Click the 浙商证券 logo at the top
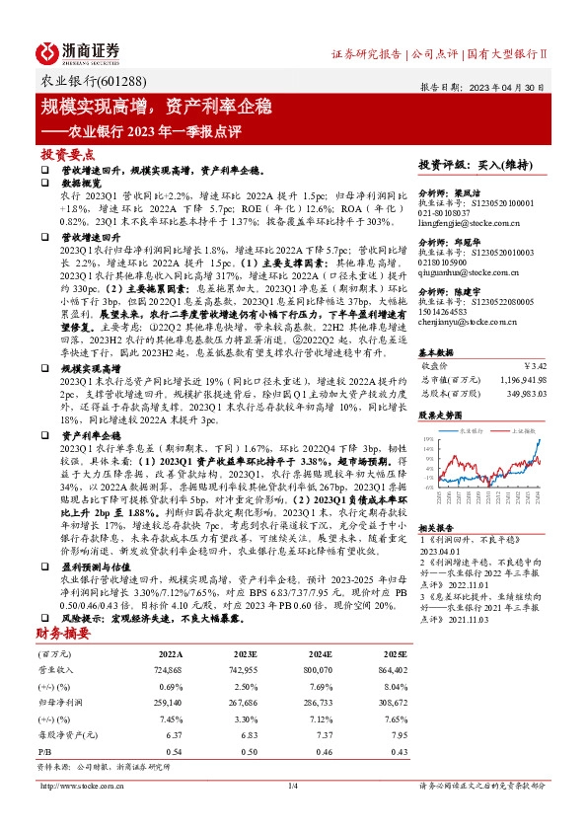[x=78, y=51]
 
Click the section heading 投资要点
[x=67, y=155]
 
